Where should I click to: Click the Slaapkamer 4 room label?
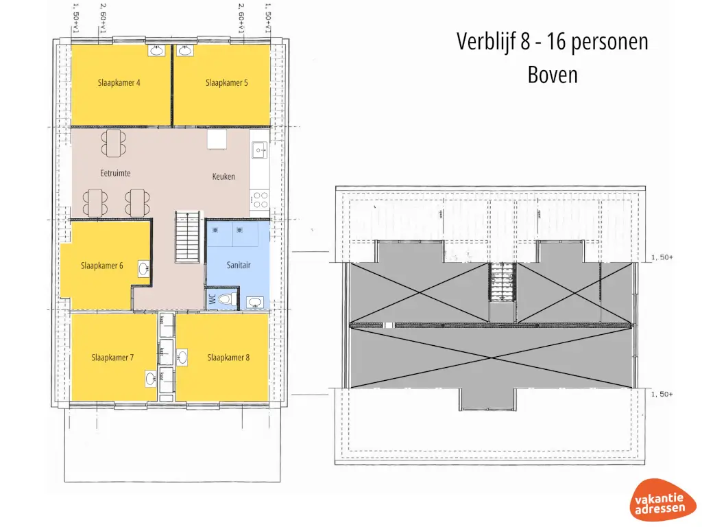pyautogui.click(x=119, y=83)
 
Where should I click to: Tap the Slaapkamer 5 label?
pyautogui.click(x=226, y=83)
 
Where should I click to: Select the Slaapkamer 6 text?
pyautogui.click(x=101, y=266)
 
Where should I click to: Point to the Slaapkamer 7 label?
pyautogui.click(x=112, y=358)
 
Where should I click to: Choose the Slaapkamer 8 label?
pyautogui.click(x=228, y=358)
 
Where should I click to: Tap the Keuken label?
pyautogui.click(x=223, y=176)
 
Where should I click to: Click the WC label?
pyautogui.click(x=213, y=299)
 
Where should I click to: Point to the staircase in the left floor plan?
pyautogui.click(x=186, y=237)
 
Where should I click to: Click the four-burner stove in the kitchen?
pyautogui.click(x=260, y=200)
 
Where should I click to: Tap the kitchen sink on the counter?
pyautogui.click(x=259, y=149)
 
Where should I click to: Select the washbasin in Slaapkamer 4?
pyautogui.click(x=157, y=51)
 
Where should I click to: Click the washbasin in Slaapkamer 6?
pyautogui.click(x=144, y=268)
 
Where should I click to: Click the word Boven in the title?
pyautogui.click(x=553, y=74)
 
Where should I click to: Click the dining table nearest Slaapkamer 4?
pyautogui.click(x=114, y=143)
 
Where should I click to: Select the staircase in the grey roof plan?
pyautogui.click(x=502, y=282)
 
